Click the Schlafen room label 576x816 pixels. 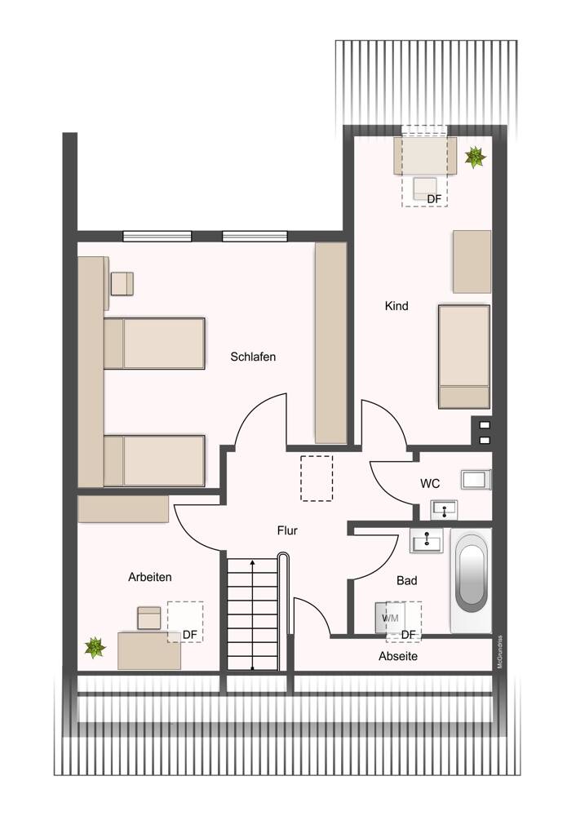click(x=253, y=357)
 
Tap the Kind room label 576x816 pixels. click(x=397, y=306)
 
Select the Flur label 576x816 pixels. click(x=287, y=531)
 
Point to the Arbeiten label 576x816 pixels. click(x=150, y=577)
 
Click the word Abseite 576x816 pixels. click(x=398, y=657)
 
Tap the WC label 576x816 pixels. click(x=430, y=484)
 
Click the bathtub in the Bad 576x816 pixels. click(x=472, y=581)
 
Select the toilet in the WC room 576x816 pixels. click(x=476, y=479)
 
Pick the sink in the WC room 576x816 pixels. click(x=445, y=509)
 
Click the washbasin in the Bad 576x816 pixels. click(x=426, y=541)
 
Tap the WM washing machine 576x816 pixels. click(x=390, y=618)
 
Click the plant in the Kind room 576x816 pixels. click(x=475, y=157)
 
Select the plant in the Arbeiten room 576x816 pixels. click(x=95, y=648)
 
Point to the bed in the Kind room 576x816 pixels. click(x=464, y=357)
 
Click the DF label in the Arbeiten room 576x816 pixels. click(x=190, y=635)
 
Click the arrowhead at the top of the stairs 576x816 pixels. click(x=252, y=562)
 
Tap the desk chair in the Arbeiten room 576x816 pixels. click(x=149, y=618)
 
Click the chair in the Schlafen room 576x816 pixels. click(x=122, y=284)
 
